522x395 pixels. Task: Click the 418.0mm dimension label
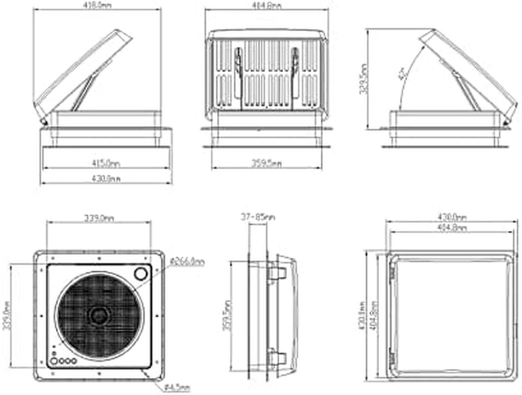tap(98, 5)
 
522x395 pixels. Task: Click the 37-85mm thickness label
tap(258, 217)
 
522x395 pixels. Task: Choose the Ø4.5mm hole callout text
tap(178, 389)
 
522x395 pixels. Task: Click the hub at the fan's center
tap(99, 315)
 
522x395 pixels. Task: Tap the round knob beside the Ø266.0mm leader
tap(141, 273)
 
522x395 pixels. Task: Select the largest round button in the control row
tap(54, 361)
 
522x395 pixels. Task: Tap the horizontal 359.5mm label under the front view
tap(267, 163)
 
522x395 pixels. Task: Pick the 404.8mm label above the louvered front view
tap(267, 5)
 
